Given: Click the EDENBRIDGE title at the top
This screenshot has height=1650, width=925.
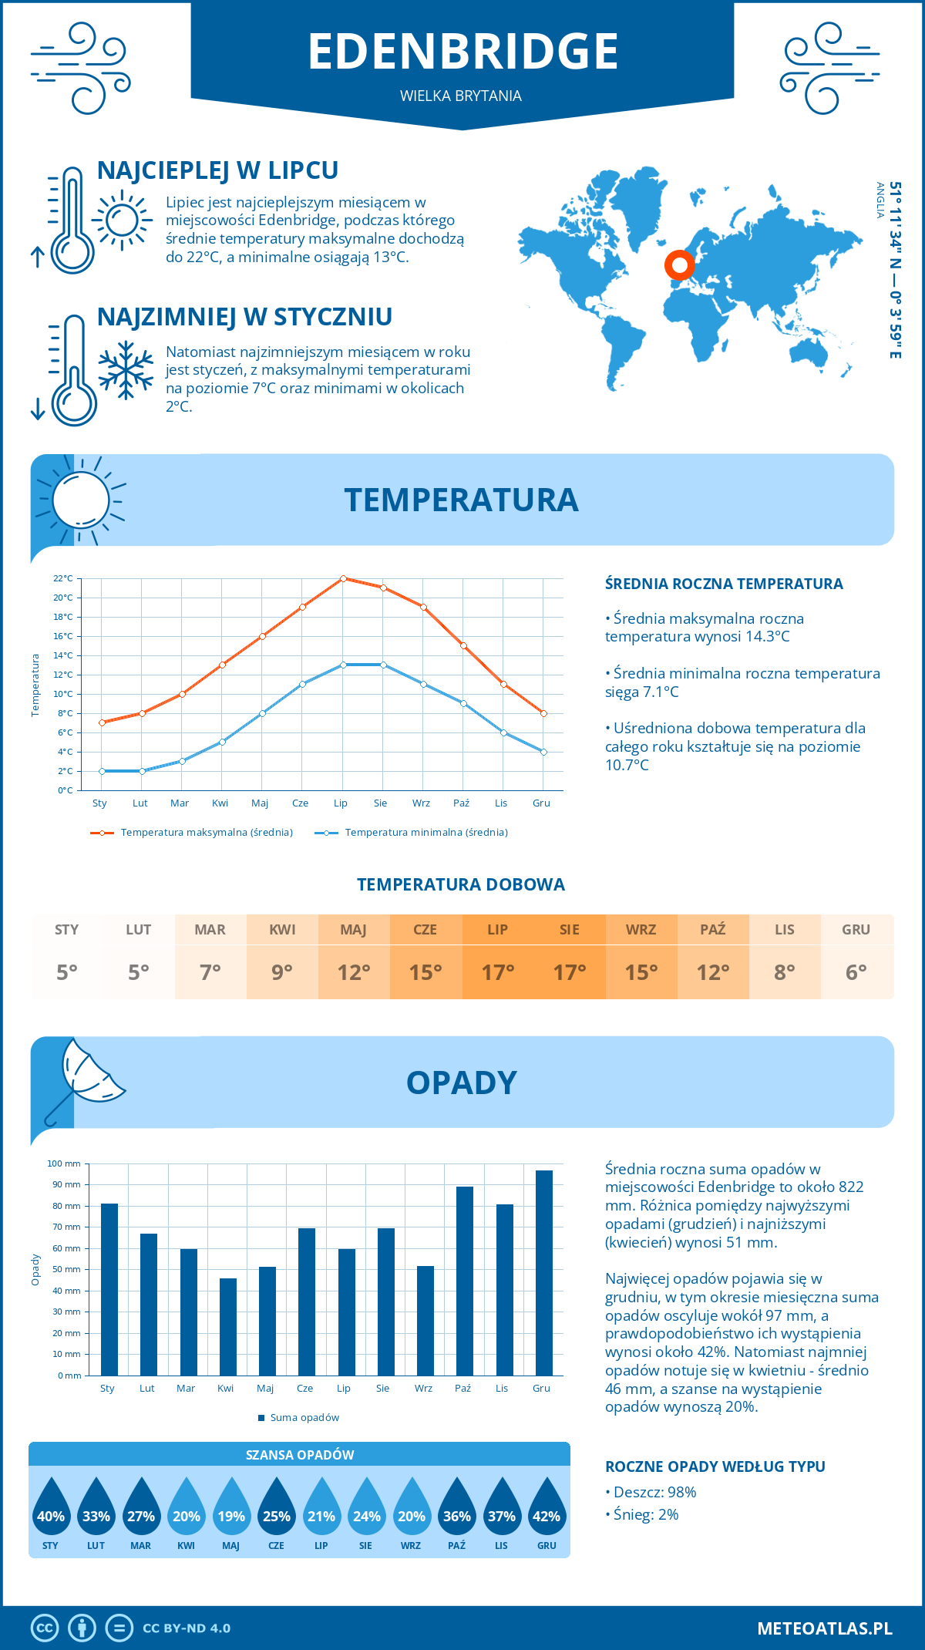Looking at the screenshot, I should point(462,51).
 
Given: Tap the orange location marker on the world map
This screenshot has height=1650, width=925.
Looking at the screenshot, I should point(679,265).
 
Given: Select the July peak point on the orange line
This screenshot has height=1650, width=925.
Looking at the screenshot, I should point(343,578).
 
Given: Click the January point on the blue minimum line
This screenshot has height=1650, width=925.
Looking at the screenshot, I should point(102,771).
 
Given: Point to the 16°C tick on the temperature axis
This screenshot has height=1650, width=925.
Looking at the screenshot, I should point(63,636).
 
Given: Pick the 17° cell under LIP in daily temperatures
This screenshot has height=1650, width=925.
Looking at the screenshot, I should point(498,972).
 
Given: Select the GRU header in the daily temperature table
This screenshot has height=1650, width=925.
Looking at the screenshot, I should point(856,930).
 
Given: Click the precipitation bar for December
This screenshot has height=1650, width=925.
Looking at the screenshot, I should point(544,1272).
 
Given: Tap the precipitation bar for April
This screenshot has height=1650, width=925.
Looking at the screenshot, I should point(228,1326).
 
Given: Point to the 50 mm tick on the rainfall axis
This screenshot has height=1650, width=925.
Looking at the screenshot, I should point(67,1269).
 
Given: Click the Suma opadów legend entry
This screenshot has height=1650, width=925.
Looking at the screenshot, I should point(304,1418).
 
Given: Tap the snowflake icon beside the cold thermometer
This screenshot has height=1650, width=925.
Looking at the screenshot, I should point(126,370).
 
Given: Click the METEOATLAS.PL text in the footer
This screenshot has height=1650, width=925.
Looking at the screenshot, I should point(824,1628).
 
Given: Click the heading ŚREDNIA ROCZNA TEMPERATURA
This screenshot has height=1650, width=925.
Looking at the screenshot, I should point(724,584).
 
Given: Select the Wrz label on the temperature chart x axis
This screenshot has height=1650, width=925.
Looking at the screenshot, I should point(421,803).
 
